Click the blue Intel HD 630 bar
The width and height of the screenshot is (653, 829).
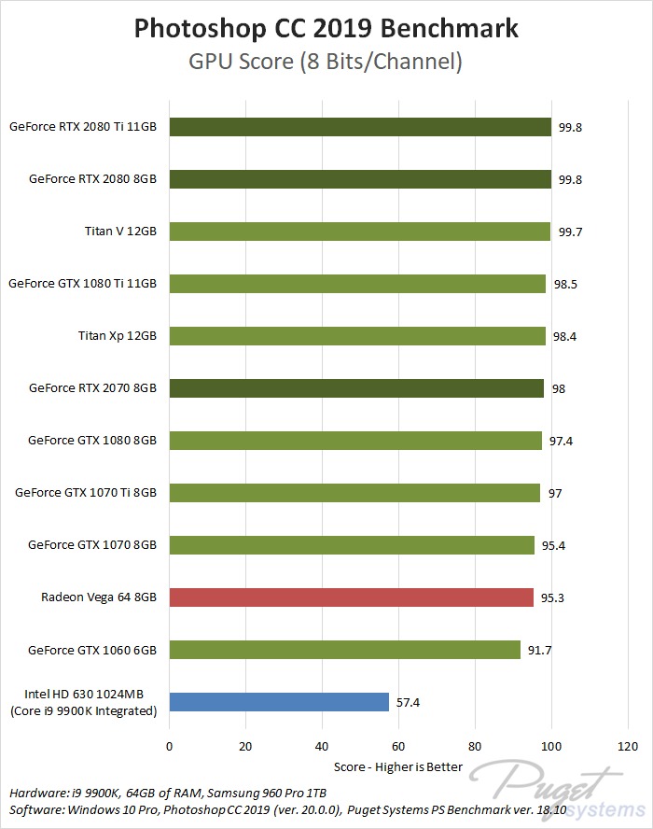[278, 701]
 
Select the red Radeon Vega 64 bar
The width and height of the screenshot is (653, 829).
[351, 597]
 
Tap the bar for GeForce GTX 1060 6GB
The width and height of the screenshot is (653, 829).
[344, 649]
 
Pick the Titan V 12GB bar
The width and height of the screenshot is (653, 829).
[359, 231]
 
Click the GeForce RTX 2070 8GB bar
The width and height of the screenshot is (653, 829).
[356, 387]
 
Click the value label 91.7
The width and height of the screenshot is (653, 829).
[540, 650]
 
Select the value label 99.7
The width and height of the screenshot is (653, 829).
[570, 232]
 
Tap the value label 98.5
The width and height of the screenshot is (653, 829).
[565, 284]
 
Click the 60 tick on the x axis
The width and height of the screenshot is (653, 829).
[398, 746]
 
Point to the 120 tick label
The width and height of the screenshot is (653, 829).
[628, 746]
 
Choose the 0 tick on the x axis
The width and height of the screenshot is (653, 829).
[169, 746]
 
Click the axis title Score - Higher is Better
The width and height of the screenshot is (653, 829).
[398, 766]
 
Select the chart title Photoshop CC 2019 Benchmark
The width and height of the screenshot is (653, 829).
[326, 29]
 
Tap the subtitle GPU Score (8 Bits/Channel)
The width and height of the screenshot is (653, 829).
[326, 63]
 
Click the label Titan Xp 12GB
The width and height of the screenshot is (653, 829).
[118, 335]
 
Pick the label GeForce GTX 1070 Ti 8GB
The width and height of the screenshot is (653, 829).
[86, 492]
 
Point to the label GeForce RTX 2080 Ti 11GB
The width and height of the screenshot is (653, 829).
[82, 126]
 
